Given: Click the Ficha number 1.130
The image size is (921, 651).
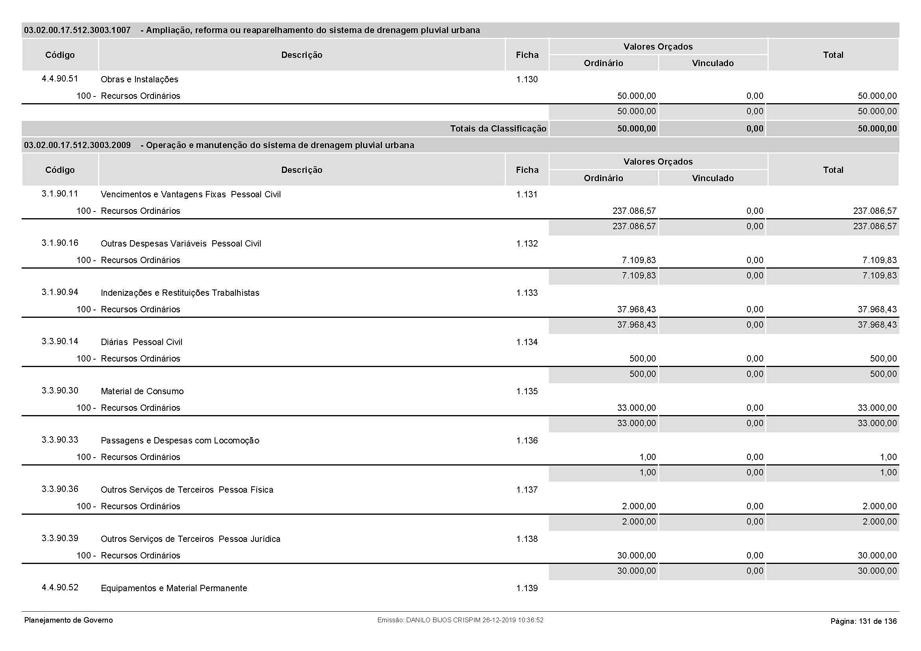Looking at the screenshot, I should point(527,80).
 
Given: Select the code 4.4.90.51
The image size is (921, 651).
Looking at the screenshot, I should point(60,79).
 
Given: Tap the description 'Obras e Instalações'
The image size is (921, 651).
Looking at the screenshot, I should point(139,80).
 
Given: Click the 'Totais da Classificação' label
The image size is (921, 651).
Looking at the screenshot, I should point(498,129).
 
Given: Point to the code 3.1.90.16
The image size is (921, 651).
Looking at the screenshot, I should point(60,243).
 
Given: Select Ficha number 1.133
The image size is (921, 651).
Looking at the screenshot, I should point(527,293).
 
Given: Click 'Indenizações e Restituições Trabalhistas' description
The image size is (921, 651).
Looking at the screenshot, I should point(180,293).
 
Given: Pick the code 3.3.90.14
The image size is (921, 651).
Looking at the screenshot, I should point(60,341).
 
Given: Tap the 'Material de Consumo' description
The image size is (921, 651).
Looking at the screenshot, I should point(142,391).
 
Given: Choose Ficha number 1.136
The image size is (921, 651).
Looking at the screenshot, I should point(527,440).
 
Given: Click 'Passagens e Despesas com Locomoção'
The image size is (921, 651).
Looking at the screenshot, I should point(180,440).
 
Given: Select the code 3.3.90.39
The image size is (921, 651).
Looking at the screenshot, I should point(60,538).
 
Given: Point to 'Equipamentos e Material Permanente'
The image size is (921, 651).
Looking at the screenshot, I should point(174,588).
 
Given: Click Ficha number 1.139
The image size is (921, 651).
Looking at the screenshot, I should point(527,588).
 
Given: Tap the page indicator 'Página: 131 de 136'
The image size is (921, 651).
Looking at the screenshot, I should point(863,621).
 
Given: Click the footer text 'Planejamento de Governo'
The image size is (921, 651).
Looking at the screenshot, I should point(69,621).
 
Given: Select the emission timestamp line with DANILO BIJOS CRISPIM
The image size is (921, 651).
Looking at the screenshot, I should point(460,621).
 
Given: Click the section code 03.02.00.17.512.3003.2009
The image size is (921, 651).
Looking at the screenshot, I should point(78,145).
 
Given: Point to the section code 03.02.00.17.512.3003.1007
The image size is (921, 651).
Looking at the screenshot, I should point(78,30).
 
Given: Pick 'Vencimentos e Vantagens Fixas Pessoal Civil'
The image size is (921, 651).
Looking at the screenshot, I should point(191,195).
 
